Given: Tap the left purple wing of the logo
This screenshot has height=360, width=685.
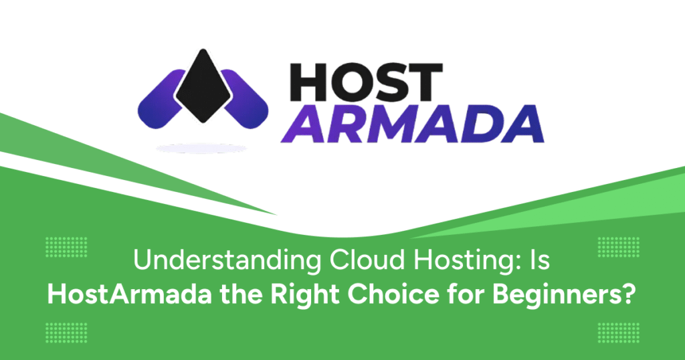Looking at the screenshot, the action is tap(160, 100).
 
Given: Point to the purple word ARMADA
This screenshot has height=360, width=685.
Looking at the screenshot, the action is tap(412, 124).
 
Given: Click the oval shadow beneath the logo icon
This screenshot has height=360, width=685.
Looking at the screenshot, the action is tap(201, 149).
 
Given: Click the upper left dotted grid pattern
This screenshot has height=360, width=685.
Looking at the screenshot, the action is tap(66, 247).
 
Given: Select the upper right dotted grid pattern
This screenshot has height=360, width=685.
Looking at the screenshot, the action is tap(618, 247).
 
